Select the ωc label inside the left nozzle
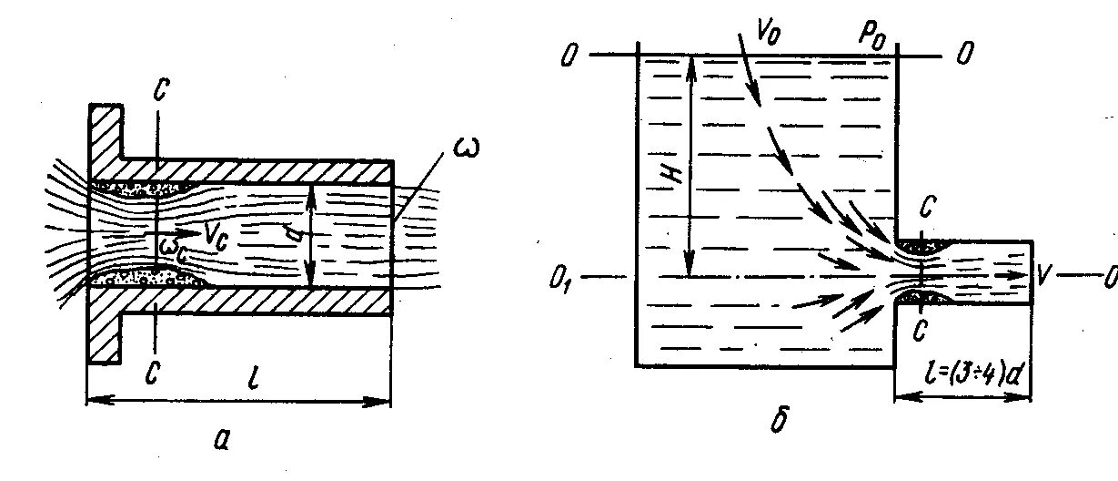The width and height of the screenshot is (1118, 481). (173, 247)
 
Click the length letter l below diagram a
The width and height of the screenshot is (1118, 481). (252, 376)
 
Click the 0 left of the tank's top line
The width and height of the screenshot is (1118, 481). (569, 56)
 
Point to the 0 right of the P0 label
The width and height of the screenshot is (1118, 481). (963, 56)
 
